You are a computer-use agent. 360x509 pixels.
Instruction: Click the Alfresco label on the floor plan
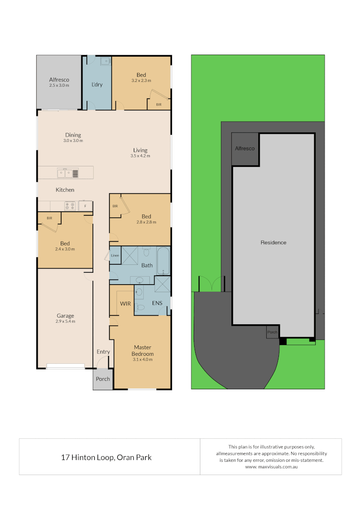tap(59, 80)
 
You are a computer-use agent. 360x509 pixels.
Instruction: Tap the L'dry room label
tap(97, 84)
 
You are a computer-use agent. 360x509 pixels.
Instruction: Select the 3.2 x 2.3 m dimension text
tap(141, 81)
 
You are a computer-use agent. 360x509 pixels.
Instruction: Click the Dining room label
tap(73, 135)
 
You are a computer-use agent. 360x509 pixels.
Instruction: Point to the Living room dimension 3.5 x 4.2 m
tap(140, 156)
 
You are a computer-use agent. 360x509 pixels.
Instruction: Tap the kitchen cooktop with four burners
tap(70, 206)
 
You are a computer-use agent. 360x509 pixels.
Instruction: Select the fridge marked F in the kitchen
tap(85, 206)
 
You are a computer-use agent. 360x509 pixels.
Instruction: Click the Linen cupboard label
tap(115, 255)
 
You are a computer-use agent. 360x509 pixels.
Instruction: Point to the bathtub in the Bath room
tap(163, 261)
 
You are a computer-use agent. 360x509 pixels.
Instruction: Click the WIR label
tap(125, 304)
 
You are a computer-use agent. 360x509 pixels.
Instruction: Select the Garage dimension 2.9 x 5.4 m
tap(65, 321)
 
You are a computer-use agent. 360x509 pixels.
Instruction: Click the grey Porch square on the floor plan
tap(103, 379)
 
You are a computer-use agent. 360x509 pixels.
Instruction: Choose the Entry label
tap(103, 352)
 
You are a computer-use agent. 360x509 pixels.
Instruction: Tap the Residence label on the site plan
tap(273, 243)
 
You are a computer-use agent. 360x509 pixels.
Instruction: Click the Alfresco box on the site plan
tap(245, 149)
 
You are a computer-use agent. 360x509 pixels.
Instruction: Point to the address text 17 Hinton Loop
tap(106, 457)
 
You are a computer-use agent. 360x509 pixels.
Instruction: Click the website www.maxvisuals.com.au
tap(270, 467)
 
